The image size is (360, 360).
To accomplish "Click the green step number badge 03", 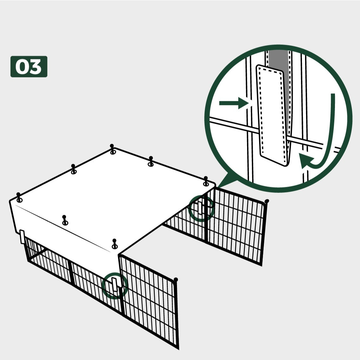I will pyautogui.click(x=29, y=67).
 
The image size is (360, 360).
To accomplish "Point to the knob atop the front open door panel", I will pyautogui.click(x=176, y=280).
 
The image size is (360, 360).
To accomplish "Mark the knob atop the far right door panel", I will pyautogui.click(x=267, y=201).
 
